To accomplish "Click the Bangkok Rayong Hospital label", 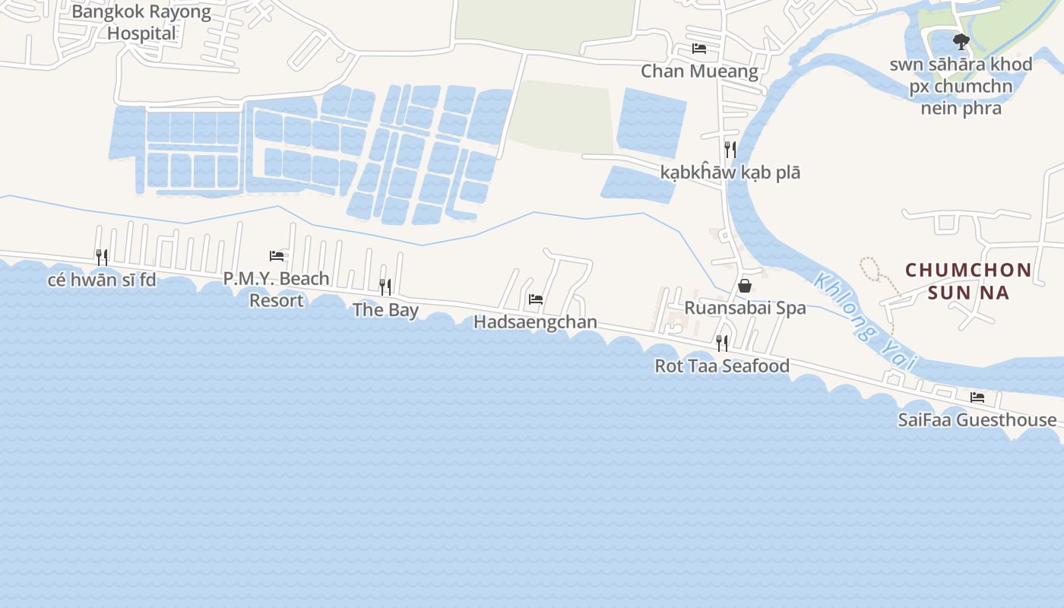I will tap(141, 23).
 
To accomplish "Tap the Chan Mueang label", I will tap(699, 71).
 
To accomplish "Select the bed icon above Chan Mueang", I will tap(699, 49).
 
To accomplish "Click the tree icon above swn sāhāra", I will tap(961, 41).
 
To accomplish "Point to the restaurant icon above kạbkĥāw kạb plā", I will tap(730, 149).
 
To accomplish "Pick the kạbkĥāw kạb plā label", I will tap(730, 173).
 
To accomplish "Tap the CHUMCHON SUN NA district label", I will tap(968, 281).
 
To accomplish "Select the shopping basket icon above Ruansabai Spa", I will tap(745, 286).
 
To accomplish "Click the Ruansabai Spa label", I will tap(745, 308).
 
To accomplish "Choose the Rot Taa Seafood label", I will tap(722, 366).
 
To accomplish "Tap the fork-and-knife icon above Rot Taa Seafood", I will tap(722, 344).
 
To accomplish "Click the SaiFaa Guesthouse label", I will tap(977, 420).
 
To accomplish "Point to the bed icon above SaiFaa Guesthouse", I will tap(977, 397).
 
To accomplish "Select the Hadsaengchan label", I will tap(535, 322).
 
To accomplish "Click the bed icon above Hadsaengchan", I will tap(536, 299).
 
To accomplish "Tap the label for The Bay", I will tap(385, 310).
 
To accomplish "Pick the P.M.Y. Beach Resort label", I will tap(277, 290).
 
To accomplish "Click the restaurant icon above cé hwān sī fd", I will tap(102, 257).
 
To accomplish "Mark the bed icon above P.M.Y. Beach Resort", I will tap(277, 256).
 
